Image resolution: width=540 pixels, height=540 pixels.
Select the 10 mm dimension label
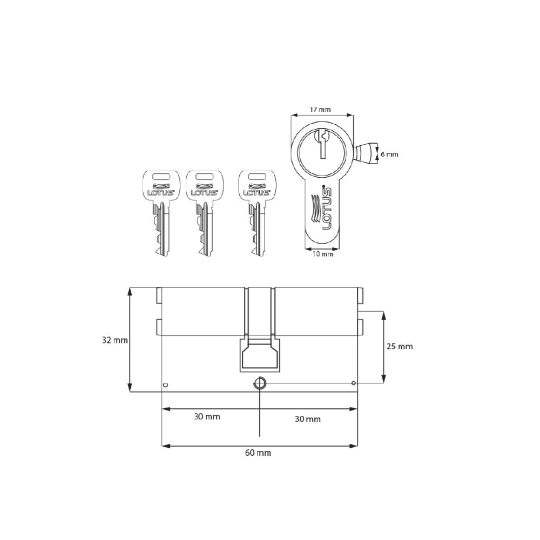click(322, 254)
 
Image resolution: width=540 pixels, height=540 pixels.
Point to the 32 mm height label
click(114, 340)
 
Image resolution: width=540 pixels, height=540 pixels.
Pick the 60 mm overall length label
click(258, 453)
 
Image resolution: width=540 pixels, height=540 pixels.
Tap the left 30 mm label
click(207, 416)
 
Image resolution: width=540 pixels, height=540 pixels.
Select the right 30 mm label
click(307, 419)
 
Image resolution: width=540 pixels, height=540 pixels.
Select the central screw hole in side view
click(260, 383)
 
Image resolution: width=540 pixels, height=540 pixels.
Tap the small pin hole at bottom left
click(165, 385)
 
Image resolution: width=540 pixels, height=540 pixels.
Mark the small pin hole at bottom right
click(353, 383)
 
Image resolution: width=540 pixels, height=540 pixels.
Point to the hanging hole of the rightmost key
click(256, 176)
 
